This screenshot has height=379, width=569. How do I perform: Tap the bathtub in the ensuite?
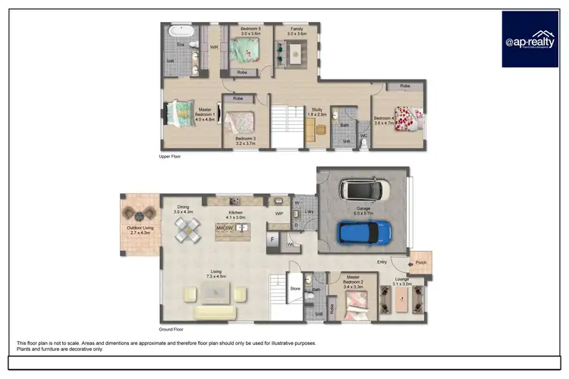click(x=181, y=32)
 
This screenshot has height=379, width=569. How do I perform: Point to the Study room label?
click(x=317, y=111)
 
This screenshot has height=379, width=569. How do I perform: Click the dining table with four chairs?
click(x=187, y=228)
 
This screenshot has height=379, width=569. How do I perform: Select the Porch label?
click(x=420, y=263)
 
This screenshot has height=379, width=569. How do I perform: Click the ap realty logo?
click(x=530, y=39)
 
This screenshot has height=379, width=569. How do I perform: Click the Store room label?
click(x=295, y=288)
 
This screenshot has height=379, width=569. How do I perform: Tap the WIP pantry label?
click(x=279, y=214)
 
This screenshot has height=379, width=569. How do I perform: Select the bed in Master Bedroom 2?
click(x=354, y=308)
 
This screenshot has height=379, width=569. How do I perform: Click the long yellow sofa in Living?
click(x=216, y=312)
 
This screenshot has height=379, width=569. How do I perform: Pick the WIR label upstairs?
click(x=214, y=46)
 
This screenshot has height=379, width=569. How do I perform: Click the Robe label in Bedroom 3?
click(x=238, y=99)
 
